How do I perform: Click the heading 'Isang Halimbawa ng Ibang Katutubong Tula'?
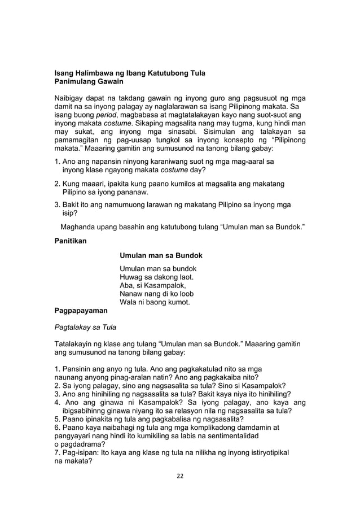(x=129, y=73)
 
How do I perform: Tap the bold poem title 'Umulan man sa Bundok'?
(x=161, y=256)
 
